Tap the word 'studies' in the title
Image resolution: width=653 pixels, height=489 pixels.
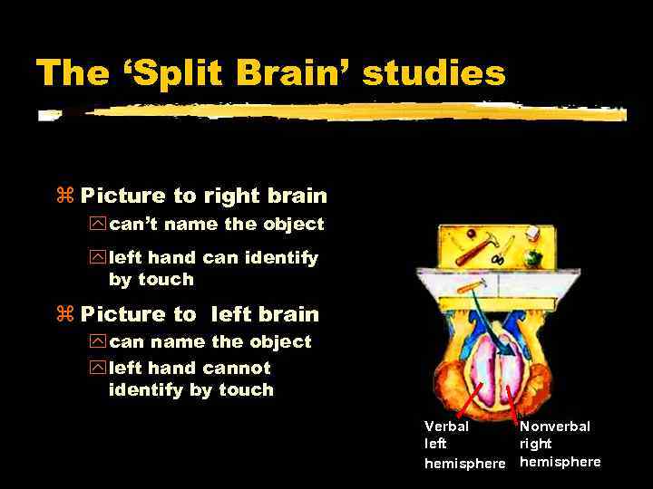434,72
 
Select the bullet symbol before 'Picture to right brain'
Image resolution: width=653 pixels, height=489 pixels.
64,197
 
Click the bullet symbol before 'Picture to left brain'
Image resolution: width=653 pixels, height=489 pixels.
64,315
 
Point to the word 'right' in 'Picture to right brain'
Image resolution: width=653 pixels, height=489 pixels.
231,197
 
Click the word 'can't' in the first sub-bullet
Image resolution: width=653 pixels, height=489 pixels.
135,224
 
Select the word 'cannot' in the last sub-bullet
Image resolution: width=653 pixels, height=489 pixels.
237,368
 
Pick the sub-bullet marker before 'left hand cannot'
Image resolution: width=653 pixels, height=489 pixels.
97,369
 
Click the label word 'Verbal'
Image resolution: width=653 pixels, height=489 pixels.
446,426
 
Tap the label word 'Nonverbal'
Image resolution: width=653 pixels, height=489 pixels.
554,426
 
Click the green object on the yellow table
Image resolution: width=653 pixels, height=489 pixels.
532,256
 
